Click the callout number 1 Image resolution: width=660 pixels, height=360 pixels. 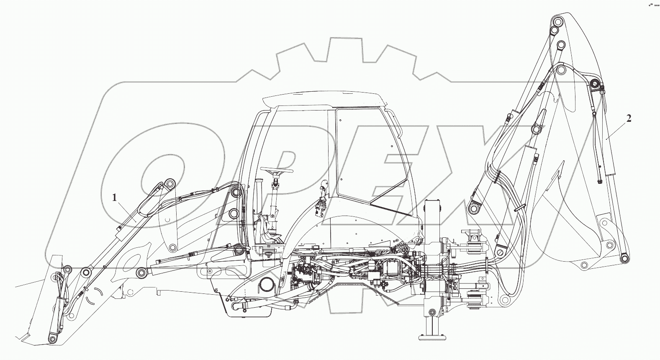coord(115,198)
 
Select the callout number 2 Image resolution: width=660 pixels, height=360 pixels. coord(629,119)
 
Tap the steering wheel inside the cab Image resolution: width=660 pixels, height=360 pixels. coord(276,170)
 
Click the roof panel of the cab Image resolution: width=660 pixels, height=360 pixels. coord(324,100)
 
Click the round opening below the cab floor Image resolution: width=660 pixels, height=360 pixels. coord(267,285)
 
